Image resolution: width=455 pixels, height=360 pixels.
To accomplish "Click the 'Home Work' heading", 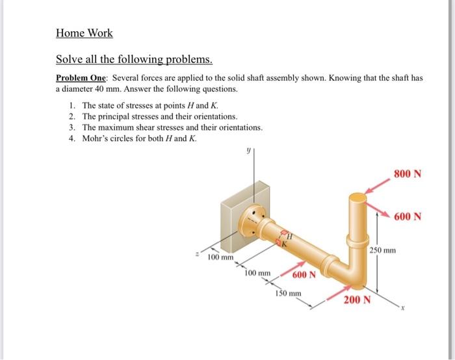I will point(84,32).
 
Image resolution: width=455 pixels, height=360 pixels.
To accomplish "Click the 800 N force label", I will point(408,174).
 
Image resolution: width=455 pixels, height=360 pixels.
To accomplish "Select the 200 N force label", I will point(357,300).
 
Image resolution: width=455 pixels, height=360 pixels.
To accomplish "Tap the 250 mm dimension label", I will point(383,250).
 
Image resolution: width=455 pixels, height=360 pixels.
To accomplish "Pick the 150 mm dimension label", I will point(287,294).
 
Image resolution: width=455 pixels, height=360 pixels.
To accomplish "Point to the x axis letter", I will point(402,309).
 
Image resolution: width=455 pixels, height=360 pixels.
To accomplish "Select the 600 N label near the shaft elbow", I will point(304,274).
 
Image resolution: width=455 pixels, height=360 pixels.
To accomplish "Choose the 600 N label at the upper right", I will point(408,216).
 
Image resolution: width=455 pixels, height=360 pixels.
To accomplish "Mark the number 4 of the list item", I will point(71,138).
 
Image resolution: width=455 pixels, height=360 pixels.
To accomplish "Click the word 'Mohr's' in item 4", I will point(96,138).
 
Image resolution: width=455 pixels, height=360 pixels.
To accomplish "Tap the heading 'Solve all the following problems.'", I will point(134,60).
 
